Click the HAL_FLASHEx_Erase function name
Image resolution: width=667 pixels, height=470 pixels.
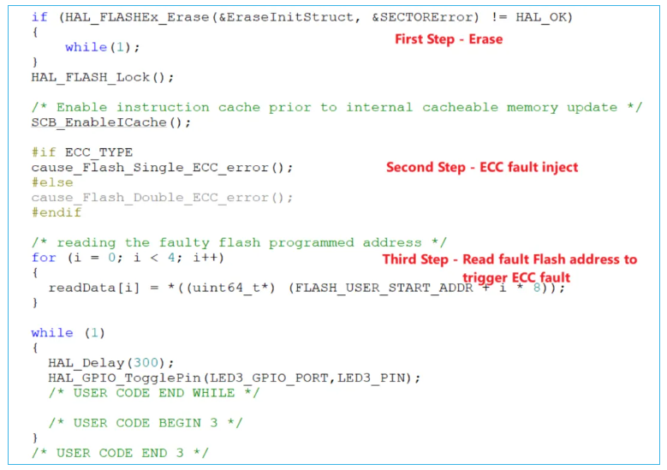click(x=128, y=17)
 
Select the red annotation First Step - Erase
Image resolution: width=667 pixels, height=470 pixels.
click(x=448, y=39)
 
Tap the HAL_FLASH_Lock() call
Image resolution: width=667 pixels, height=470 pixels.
click(x=103, y=77)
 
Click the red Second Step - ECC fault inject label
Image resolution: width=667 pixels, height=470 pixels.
click(x=481, y=168)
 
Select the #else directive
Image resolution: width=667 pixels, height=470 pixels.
click(x=52, y=182)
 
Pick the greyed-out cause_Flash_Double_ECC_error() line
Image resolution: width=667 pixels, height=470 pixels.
click(x=162, y=198)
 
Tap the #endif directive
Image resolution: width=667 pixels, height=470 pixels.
click(x=57, y=212)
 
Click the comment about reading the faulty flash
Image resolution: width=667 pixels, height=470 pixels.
click(x=239, y=242)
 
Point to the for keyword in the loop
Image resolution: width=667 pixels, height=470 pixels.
click(x=44, y=258)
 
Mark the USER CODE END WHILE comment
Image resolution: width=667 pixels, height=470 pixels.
click(x=153, y=393)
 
